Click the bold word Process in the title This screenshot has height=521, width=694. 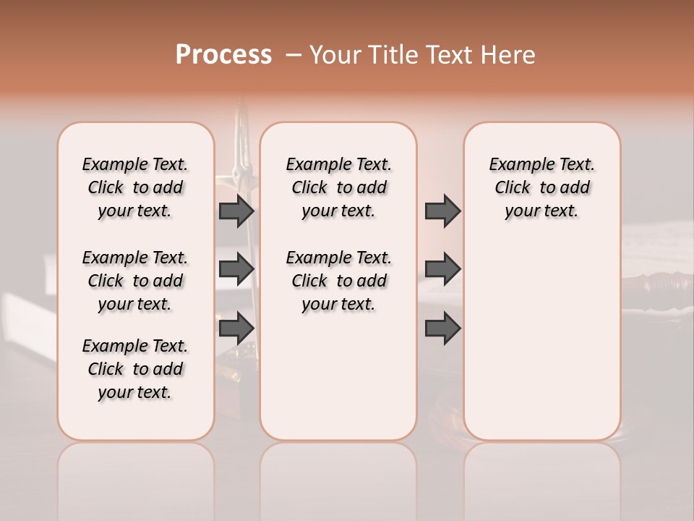223,55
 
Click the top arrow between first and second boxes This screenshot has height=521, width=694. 236,211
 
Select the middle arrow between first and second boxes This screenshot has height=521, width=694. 236,269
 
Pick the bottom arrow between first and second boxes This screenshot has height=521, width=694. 236,328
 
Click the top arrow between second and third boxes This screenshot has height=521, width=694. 442,211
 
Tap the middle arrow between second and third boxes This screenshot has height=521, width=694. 442,269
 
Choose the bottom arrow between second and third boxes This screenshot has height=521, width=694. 442,328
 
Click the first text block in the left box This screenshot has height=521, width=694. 135,187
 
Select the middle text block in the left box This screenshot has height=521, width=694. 135,281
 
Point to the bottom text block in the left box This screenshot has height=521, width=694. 135,369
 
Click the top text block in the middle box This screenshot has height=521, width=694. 338,187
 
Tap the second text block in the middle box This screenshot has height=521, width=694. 338,281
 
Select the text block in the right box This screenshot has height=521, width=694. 541,187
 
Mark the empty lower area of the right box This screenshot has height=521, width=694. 541,340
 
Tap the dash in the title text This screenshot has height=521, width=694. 293,55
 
